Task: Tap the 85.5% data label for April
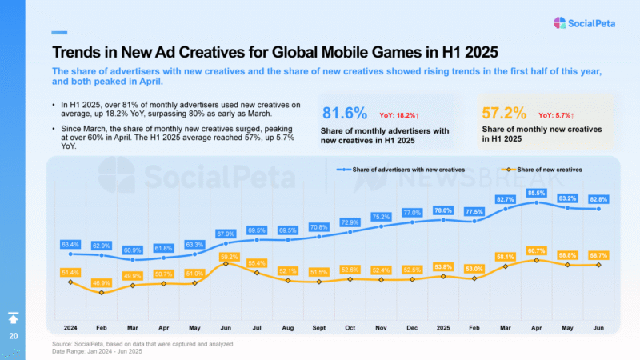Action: [536, 193]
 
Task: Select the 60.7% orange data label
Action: [536, 251]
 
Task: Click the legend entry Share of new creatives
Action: [544, 170]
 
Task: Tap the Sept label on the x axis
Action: [320, 327]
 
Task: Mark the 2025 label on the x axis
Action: [442, 327]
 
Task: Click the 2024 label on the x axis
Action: [70, 327]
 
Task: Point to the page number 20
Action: [14, 336]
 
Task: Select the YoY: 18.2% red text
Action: [406, 115]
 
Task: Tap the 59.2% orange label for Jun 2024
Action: [226, 255]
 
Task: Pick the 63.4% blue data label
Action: [70, 244]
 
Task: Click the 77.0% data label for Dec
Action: [412, 213]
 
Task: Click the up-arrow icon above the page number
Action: [14, 318]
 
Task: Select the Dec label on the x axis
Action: [412, 327]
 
